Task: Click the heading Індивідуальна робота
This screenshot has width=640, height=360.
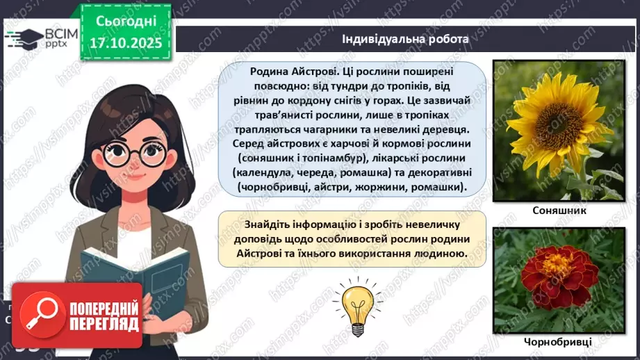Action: [x=405, y=40]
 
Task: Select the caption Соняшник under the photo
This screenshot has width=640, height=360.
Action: [x=554, y=210]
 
